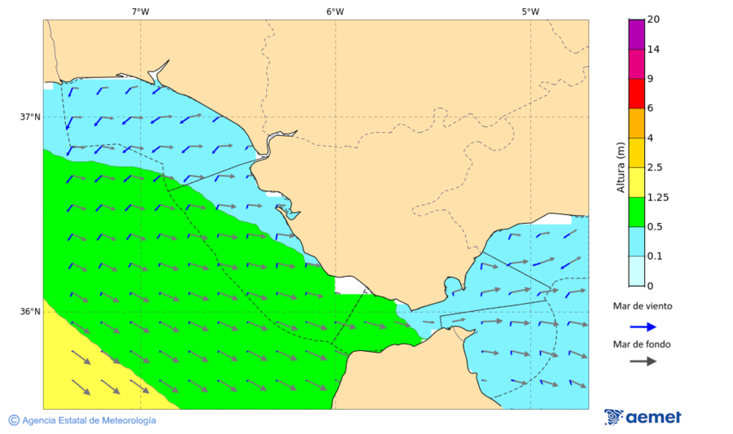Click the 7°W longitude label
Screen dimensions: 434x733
(x=140, y=11)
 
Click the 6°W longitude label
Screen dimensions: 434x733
(x=335, y=11)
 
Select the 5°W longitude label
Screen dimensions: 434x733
(x=530, y=11)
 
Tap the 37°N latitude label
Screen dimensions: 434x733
(x=30, y=117)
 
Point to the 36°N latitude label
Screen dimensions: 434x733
(x=30, y=312)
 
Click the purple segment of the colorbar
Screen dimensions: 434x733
(x=636, y=34)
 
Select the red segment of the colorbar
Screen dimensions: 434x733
(x=636, y=94)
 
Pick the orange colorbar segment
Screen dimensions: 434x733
(x=636, y=123)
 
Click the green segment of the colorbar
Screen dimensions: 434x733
(x=636, y=212)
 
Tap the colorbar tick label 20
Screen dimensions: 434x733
(x=652, y=20)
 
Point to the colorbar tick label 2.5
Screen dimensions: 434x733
(x=655, y=168)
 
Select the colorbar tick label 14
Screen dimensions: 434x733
(x=652, y=50)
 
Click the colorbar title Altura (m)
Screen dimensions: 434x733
(x=621, y=167)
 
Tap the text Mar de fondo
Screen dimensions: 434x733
(x=643, y=344)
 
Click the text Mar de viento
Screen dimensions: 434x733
(x=643, y=306)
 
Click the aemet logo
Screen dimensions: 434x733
(x=643, y=417)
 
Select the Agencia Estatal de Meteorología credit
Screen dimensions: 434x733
(x=82, y=420)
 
